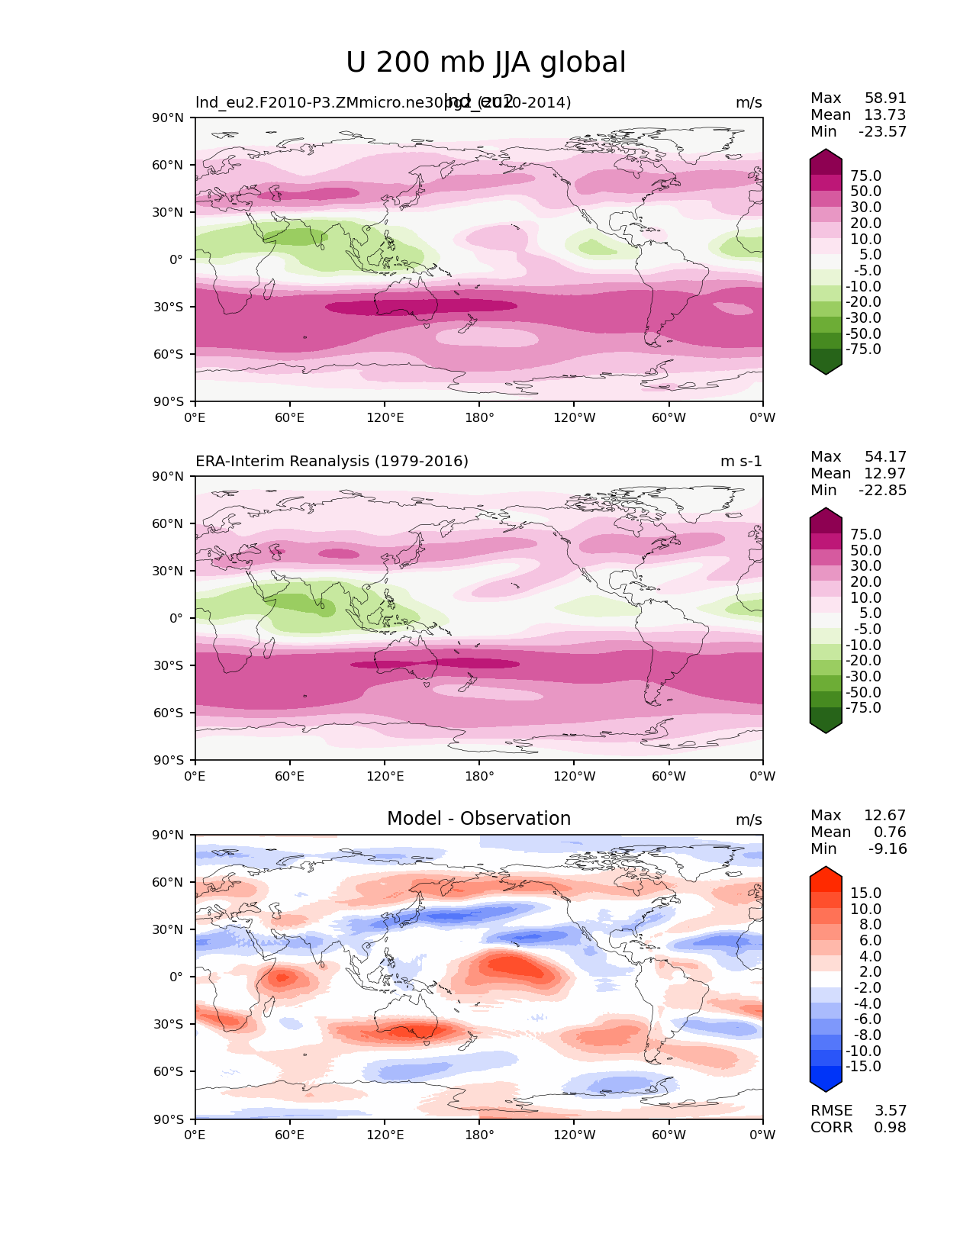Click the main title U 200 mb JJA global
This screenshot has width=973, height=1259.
pos(485,63)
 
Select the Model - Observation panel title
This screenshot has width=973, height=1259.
pos(478,819)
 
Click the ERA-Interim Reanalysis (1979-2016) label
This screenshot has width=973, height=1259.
pos(332,461)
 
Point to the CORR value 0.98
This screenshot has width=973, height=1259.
pos(890,1127)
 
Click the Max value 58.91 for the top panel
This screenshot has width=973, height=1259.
pos(885,98)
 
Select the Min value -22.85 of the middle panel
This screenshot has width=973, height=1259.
pos(883,490)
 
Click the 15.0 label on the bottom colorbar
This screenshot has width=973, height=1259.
pos(865,893)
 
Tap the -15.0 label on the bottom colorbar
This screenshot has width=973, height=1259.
pos(863,1066)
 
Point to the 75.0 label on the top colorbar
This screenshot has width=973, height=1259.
pos(865,175)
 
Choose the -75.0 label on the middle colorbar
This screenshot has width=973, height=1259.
pos(863,707)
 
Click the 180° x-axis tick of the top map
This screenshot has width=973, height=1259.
pos(479,417)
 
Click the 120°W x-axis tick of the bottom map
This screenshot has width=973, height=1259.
pos(575,1135)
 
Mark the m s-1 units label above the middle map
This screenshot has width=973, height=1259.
pos(741,461)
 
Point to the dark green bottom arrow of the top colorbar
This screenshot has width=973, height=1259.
pos(826,366)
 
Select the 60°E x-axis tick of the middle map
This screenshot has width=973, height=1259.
pos(290,776)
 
